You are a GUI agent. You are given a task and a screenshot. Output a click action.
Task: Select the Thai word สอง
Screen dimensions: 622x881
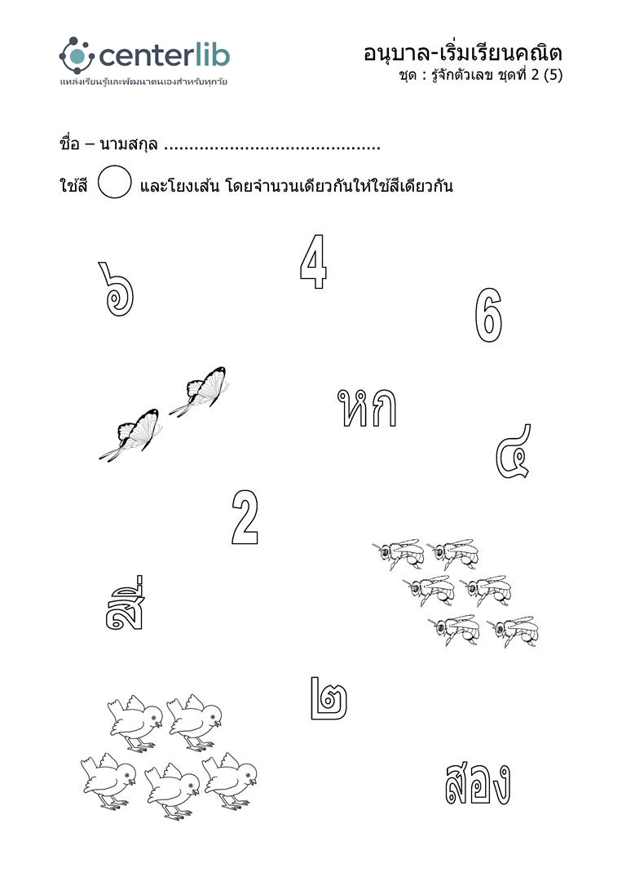(478, 783)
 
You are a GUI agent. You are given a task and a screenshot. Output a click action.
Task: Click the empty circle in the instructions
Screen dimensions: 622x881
(114, 182)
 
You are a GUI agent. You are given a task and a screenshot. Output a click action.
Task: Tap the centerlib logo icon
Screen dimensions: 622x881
(77, 55)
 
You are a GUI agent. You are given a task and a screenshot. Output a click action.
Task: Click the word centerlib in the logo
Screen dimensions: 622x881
(165, 56)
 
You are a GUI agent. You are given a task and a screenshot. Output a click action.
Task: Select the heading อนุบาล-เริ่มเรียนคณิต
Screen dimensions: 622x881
(463, 53)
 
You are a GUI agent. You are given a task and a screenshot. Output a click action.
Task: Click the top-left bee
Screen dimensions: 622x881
(399, 553)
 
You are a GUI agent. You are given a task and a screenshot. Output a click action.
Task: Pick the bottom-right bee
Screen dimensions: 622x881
(514, 631)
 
